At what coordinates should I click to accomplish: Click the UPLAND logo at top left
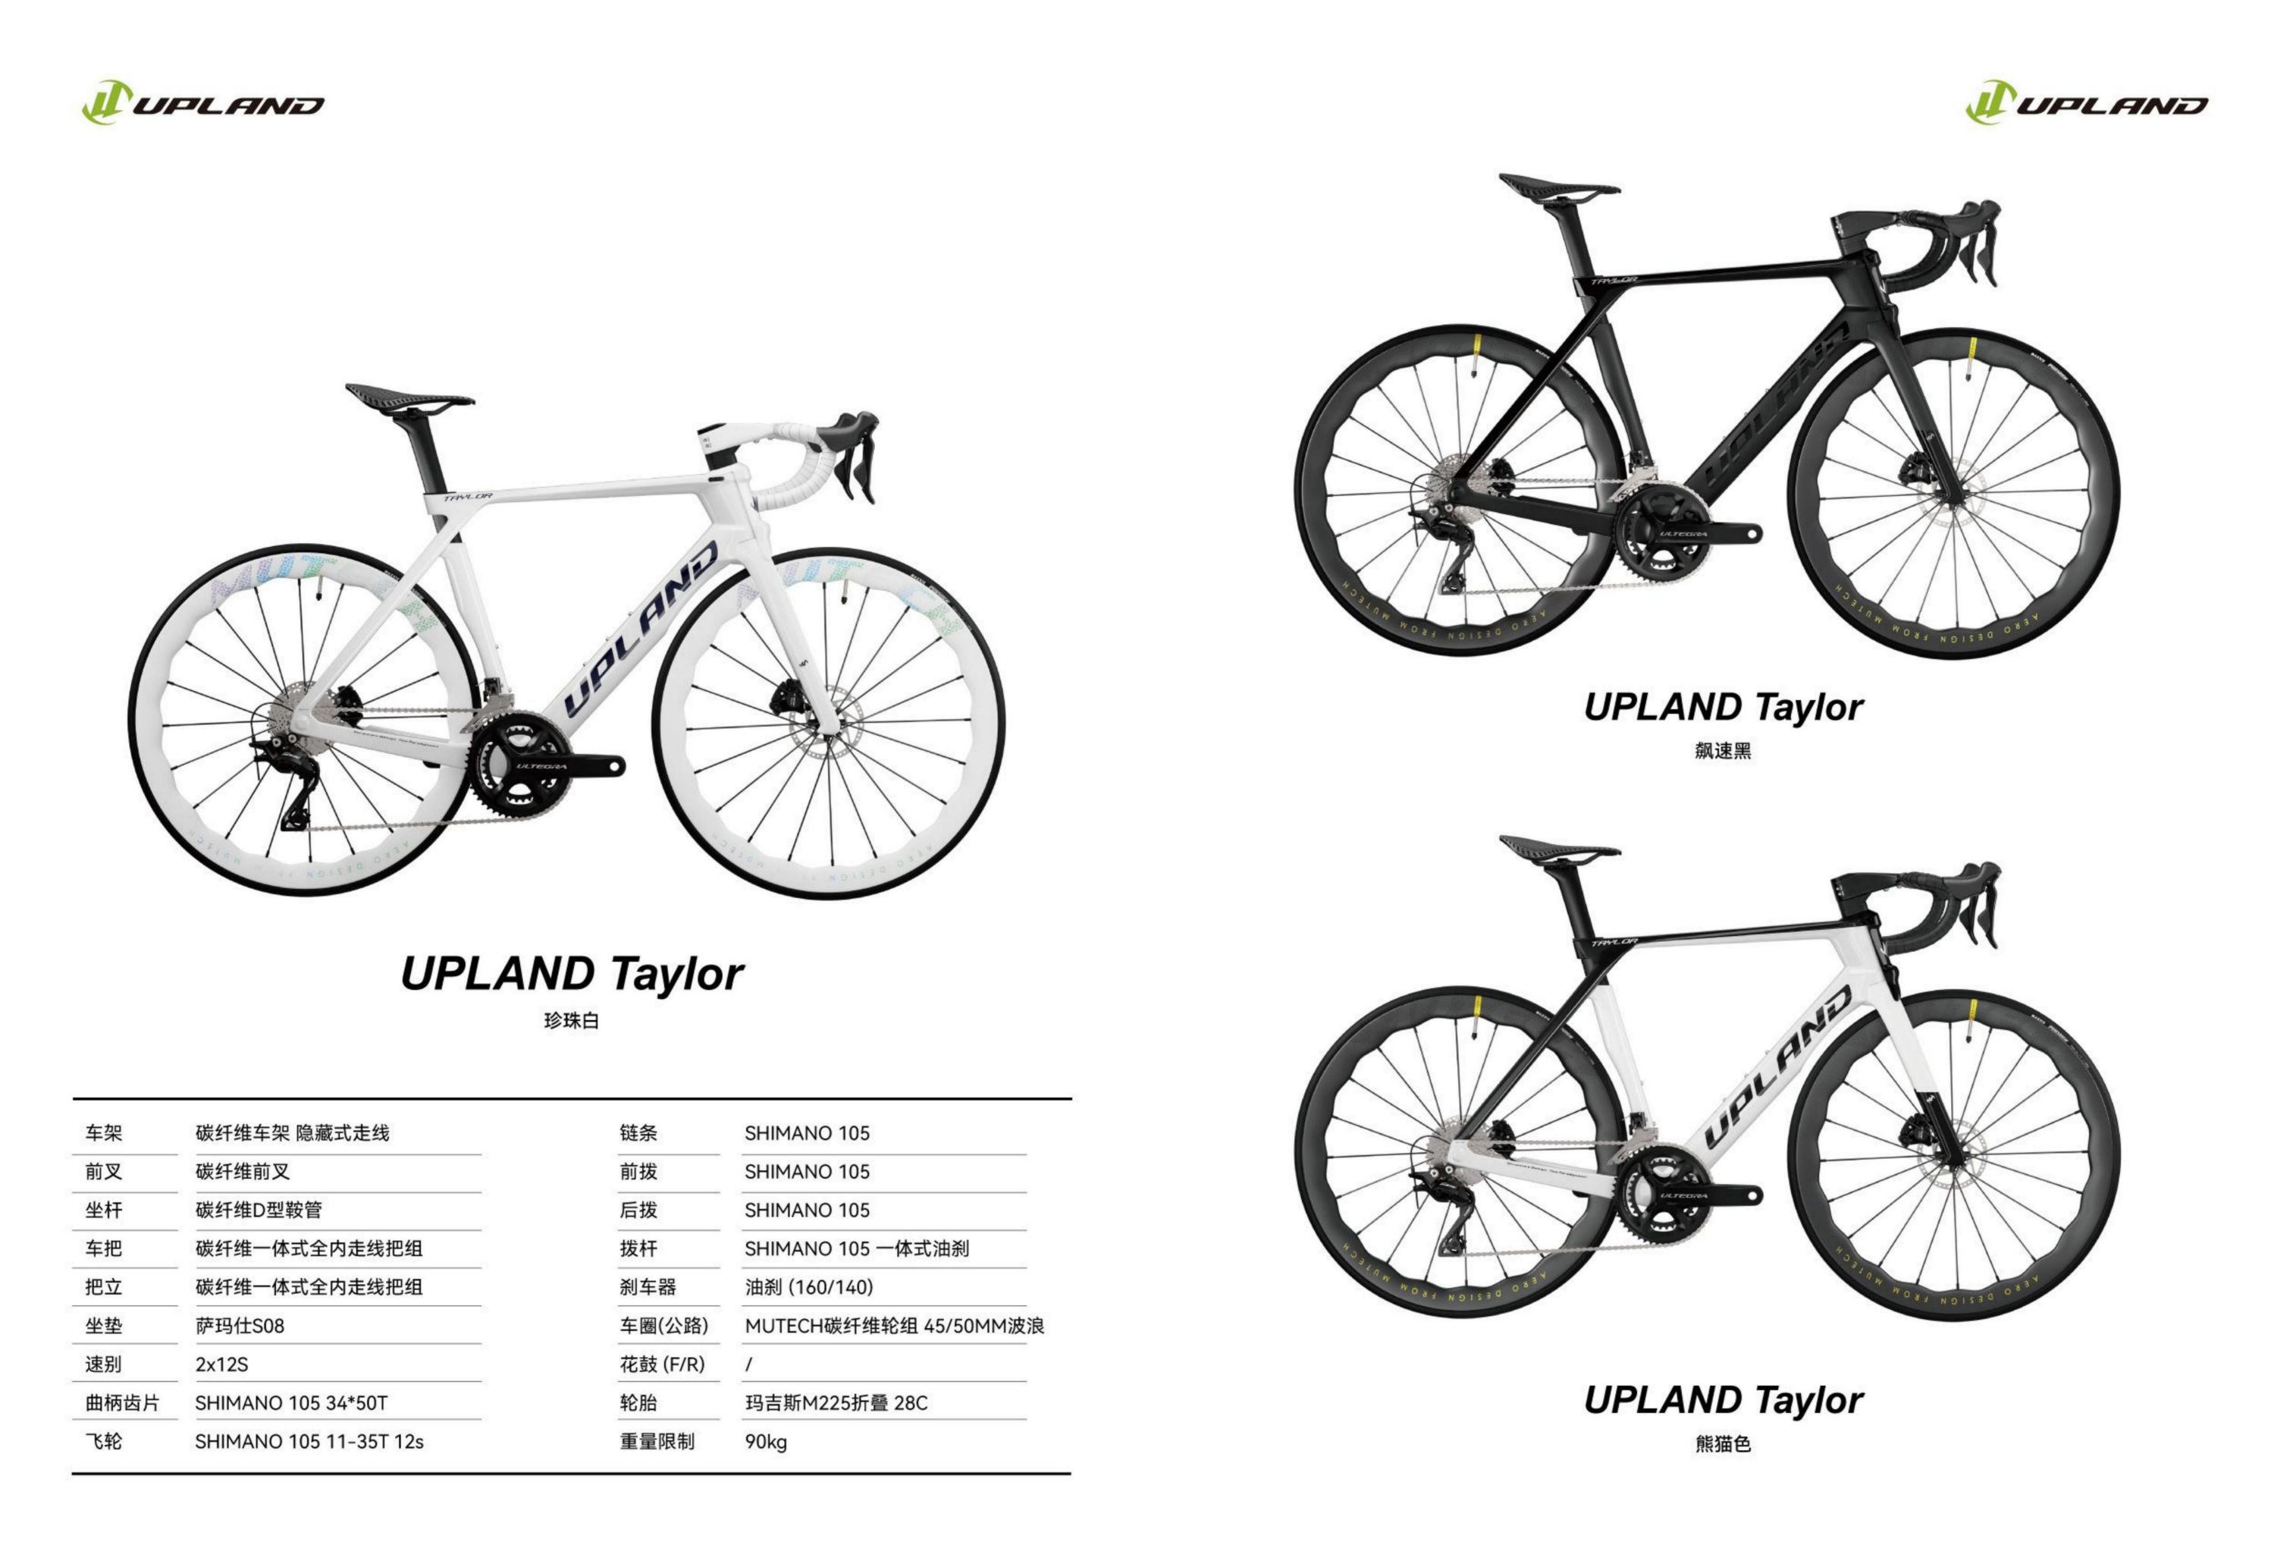(x=202, y=102)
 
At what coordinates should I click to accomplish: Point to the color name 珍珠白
(x=571, y=1020)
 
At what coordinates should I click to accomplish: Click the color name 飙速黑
(x=1723, y=751)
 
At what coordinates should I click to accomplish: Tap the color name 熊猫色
(x=1723, y=1443)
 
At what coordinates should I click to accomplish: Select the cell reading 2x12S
(x=222, y=1364)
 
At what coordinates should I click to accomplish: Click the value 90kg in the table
(x=766, y=1442)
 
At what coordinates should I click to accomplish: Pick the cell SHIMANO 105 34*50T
(x=291, y=1403)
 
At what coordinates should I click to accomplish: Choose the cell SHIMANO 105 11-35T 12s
(x=309, y=1442)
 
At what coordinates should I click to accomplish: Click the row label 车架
(x=104, y=1133)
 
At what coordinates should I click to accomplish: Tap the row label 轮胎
(x=638, y=1403)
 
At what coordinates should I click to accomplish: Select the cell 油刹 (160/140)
(x=809, y=1287)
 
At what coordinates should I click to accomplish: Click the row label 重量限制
(x=657, y=1442)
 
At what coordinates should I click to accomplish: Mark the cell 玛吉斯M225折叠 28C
(x=836, y=1403)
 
